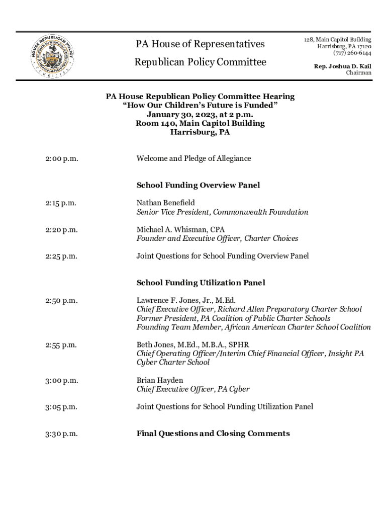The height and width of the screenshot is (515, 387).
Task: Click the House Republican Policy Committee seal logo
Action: (x=51, y=56)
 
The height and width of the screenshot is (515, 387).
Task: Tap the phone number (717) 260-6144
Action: (x=352, y=53)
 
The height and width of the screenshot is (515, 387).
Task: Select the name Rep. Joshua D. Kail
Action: (x=343, y=66)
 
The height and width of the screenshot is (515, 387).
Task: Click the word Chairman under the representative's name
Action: (x=358, y=73)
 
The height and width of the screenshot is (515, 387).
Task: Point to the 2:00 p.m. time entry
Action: (x=61, y=159)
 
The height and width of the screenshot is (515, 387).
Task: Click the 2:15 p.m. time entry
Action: (x=60, y=203)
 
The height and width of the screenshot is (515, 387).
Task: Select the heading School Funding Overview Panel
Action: (x=198, y=185)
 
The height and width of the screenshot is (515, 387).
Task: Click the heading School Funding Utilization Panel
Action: (x=201, y=283)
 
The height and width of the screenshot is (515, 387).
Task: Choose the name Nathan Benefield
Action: (x=165, y=203)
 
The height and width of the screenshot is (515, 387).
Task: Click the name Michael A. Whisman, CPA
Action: (x=180, y=229)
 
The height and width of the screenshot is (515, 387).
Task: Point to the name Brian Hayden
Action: (x=160, y=380)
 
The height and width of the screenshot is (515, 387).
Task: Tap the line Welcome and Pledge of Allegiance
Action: (x=193, y=158)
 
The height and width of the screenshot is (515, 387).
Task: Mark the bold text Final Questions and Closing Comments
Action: (x=213, y=434)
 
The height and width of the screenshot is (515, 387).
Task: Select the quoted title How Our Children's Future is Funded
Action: (x=200, y=106)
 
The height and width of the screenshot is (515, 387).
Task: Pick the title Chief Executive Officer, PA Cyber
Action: (x=193, y=389)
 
